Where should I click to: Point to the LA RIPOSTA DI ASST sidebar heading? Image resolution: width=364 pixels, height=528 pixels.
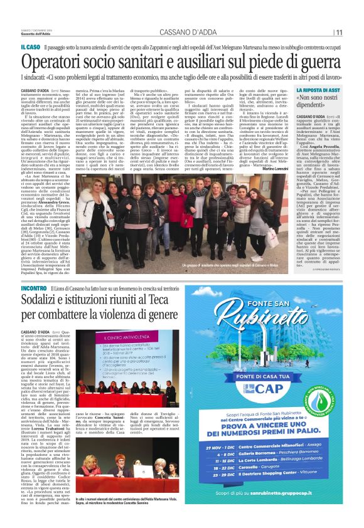point(319,91)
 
